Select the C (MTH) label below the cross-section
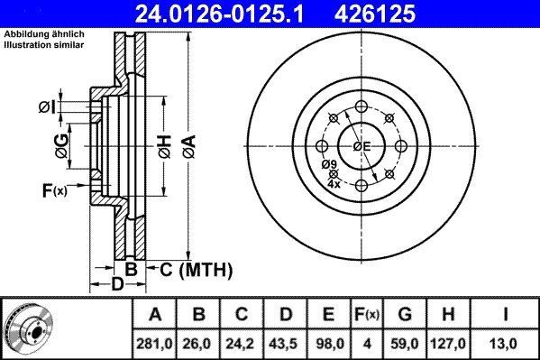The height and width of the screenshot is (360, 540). (x=196, y=269)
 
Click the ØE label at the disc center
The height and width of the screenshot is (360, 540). (x=362, y=146)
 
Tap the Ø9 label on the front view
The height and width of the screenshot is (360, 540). (x=329, y=163)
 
